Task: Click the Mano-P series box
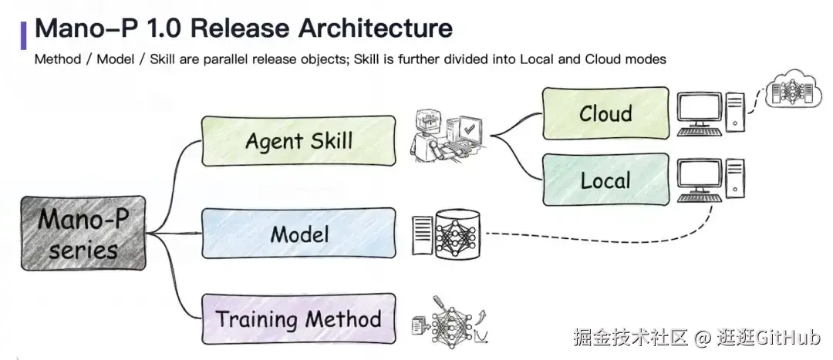tap(83, 233)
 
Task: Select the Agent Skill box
tap(298, 141)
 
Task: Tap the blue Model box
tap(298, 233)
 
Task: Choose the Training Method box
tap(298, 318)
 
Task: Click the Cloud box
tap(605, 113)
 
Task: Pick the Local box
tap(605, 180)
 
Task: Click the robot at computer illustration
tap(447, 136)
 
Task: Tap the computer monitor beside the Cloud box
tap(700, 113)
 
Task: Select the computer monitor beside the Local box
tap(700, 180)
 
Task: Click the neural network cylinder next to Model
tap(457, 234)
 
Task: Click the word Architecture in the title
tap(375, 28)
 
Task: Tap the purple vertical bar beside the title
tap(23, 35)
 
